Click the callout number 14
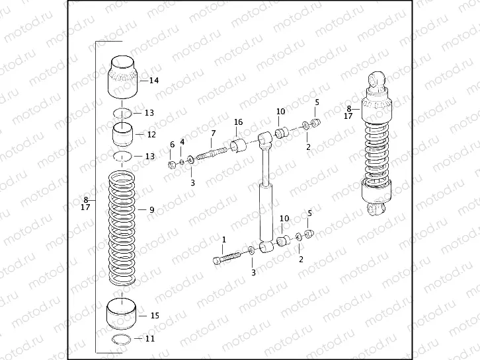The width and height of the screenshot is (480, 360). coord(154,81)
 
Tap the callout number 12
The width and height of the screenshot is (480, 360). coord(151,134)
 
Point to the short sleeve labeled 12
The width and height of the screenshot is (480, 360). coord(122,134)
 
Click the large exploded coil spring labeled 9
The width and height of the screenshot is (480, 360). coord(122,228)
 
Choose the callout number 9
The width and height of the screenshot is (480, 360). coord(151,210)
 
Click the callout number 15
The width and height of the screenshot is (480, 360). coord(154,316)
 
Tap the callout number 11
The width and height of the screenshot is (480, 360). coord(150,339)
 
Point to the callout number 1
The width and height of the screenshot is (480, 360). coord(223,239)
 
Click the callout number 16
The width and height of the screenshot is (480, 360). coord(238,122)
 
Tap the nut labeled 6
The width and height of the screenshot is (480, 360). coord(171,163)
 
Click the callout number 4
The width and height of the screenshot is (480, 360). coord(182,143)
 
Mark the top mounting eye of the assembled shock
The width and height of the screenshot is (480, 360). coord(377,81)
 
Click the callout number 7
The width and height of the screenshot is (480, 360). coord(213,133)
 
